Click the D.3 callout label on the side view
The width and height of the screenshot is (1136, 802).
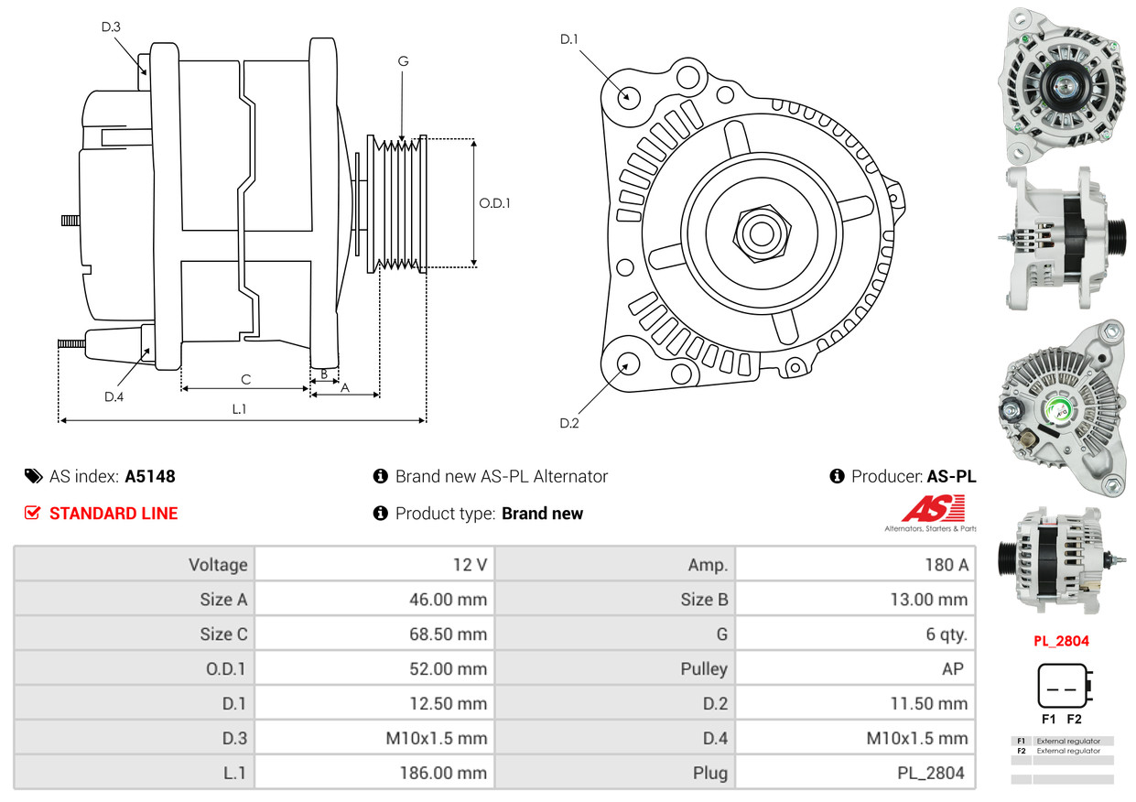pyautogui.click(x=111, y=27)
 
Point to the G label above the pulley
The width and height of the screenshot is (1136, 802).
pyautogui.click(x=403, y=61)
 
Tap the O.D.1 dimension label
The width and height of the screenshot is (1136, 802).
pyautogui.click(x=494, y=203)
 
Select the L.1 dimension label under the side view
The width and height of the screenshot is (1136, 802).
pyautogui.click(x=239, y=409)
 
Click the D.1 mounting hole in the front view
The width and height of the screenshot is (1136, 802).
pyautogui.click(x=629, y=97)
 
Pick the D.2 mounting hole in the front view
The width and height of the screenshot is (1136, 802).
pyautogui.click(x=627, y=363)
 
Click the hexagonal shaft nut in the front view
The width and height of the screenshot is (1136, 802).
pyautogui.click(x=762, y=233)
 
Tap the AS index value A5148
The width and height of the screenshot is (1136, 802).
pyautogui.click(x=150, y=476)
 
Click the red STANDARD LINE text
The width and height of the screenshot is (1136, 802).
pyautogui.click(x=114, y=514)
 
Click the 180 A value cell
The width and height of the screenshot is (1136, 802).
pyautogui.click(x=947, y=565)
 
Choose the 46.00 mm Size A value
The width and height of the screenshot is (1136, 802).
pyautogui.click(x=449, y=599)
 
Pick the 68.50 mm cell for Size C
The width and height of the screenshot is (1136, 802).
pyautogui.click(x=449, y=634)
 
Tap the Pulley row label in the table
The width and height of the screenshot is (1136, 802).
pyautogui.click(x=704, y=669)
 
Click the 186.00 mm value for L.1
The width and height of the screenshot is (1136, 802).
pyautogui.click(x=443, y=773)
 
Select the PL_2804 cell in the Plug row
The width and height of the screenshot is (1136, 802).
pyautogui.click(x=931, y=773)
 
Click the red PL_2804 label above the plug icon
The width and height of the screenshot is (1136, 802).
pyautogui.click(x=1061, y=641)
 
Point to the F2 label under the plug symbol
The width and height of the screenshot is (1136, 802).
pyautogui.click(x=1074, y=719)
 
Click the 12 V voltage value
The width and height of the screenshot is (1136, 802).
pyautogui.click(x=471, y=565)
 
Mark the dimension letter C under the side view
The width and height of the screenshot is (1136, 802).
pyautogui.click(x=246, y=379)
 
